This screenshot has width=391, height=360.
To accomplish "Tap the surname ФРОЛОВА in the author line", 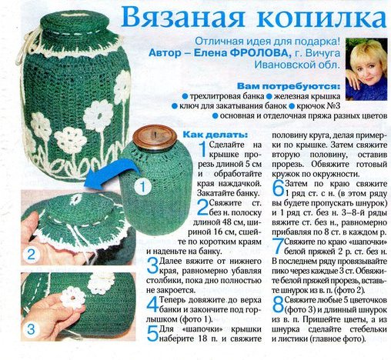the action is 259,53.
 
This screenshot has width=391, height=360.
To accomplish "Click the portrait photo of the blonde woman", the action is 366,69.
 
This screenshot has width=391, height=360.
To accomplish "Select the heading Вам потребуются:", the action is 289,86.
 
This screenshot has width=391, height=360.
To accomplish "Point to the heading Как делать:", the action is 216,135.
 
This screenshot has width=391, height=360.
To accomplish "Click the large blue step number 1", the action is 203,149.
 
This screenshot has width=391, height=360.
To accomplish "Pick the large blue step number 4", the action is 152,305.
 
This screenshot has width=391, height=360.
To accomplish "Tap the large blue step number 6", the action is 278,188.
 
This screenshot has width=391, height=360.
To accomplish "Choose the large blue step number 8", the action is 278,305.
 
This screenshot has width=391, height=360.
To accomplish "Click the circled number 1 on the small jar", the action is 142,187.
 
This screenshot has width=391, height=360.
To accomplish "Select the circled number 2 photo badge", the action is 31,255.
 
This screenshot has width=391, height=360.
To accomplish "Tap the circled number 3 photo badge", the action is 31,329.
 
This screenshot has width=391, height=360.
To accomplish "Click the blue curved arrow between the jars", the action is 113,172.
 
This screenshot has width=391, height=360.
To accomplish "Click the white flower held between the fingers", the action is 73,298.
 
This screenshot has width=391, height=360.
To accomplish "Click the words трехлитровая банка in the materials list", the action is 227,96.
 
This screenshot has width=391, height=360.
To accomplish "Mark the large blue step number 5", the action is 152,334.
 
